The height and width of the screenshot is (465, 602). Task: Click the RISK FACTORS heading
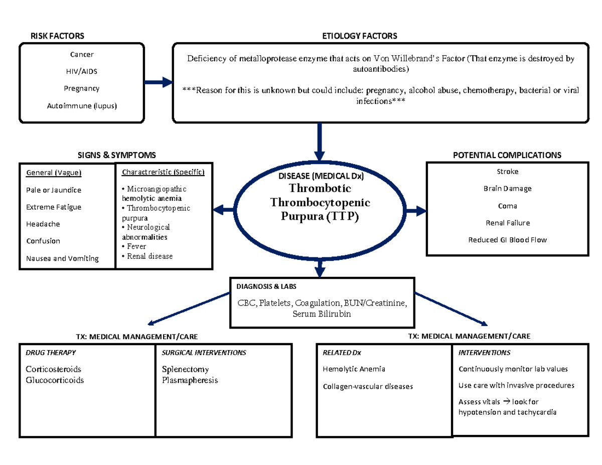coord(57,36)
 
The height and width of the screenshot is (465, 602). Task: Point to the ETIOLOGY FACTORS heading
coord(359,36)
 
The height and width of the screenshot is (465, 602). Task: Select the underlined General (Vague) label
coord(54,173)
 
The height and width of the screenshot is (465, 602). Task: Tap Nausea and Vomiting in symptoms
coord(62,259)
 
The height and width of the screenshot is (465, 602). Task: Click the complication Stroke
coord(507,172)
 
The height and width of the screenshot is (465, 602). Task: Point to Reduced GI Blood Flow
coord(507,240)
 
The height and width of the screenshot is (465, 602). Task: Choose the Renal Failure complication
coord(507,223)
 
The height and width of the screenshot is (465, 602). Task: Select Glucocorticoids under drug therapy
coord(55,380)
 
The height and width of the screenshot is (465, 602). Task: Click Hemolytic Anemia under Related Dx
coord(354,369)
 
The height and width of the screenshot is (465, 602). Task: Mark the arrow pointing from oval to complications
coord(414,211)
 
